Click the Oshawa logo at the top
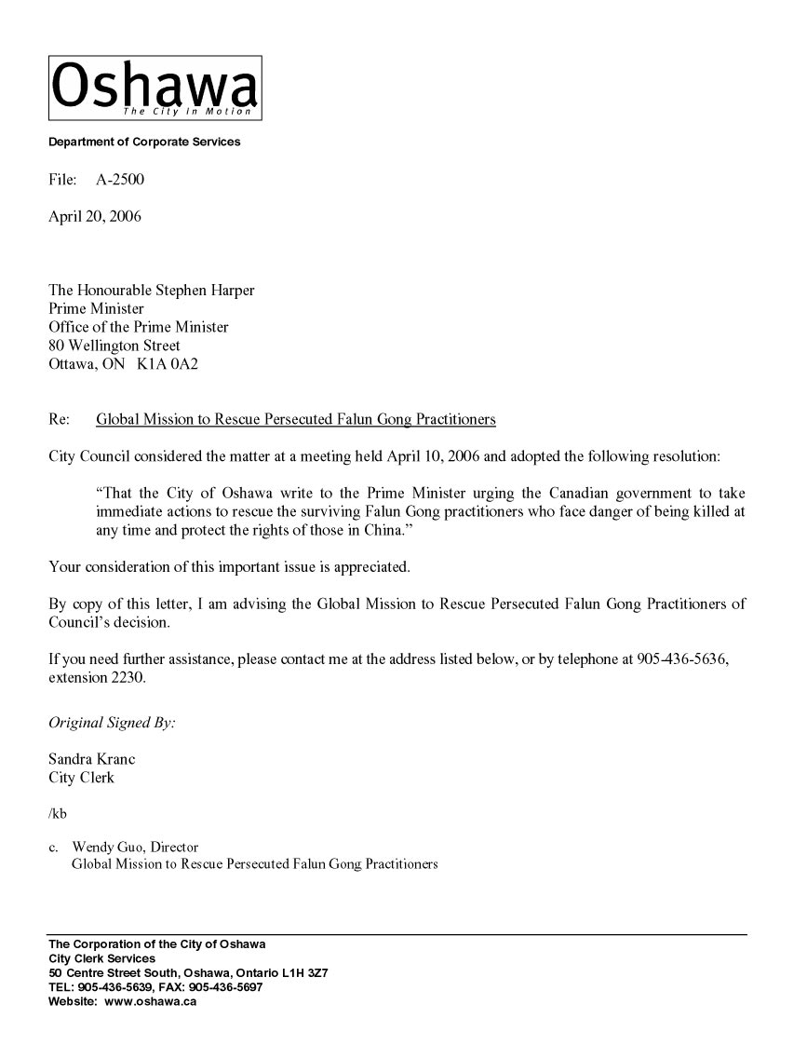[155, 88]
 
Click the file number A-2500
[120, 179]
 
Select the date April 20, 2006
[95, 217]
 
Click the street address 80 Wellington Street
[114, 346]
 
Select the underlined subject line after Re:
[296, 419]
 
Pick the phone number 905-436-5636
[681, 659]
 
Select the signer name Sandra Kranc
[91, 759]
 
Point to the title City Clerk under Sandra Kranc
[81, 778]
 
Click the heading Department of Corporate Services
[144, 142]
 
